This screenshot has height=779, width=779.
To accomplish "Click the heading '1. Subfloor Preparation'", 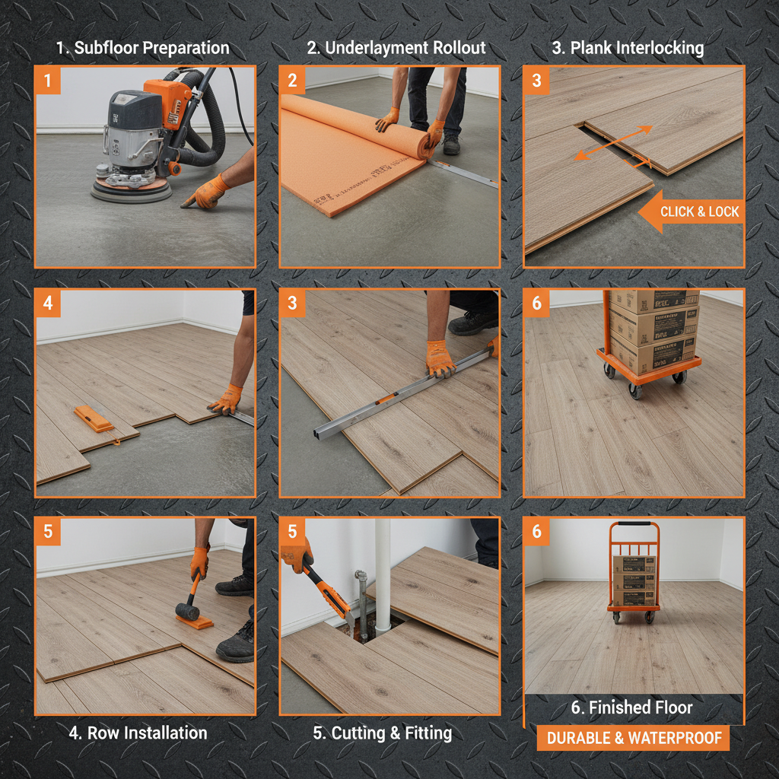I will click(142, 48).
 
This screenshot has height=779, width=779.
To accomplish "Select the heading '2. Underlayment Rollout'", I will click(396, 48).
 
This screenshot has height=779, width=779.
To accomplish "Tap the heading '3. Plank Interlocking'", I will click(628, 48).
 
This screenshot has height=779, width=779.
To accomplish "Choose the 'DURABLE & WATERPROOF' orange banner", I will click(633, 739).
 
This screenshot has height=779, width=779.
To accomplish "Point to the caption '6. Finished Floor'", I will click(632, 707).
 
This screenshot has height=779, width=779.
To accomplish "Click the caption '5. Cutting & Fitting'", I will click(383, 733).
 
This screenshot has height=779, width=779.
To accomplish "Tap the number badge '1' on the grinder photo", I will click(47, 80).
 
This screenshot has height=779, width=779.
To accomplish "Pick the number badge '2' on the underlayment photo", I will click(292, 80).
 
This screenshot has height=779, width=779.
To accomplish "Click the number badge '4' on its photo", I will click(47, 303).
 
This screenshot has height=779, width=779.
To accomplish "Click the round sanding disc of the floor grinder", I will click(131, 189).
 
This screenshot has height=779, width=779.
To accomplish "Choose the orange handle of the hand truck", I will click(633, 525).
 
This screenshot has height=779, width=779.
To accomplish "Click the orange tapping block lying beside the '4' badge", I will click(94, 418).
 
